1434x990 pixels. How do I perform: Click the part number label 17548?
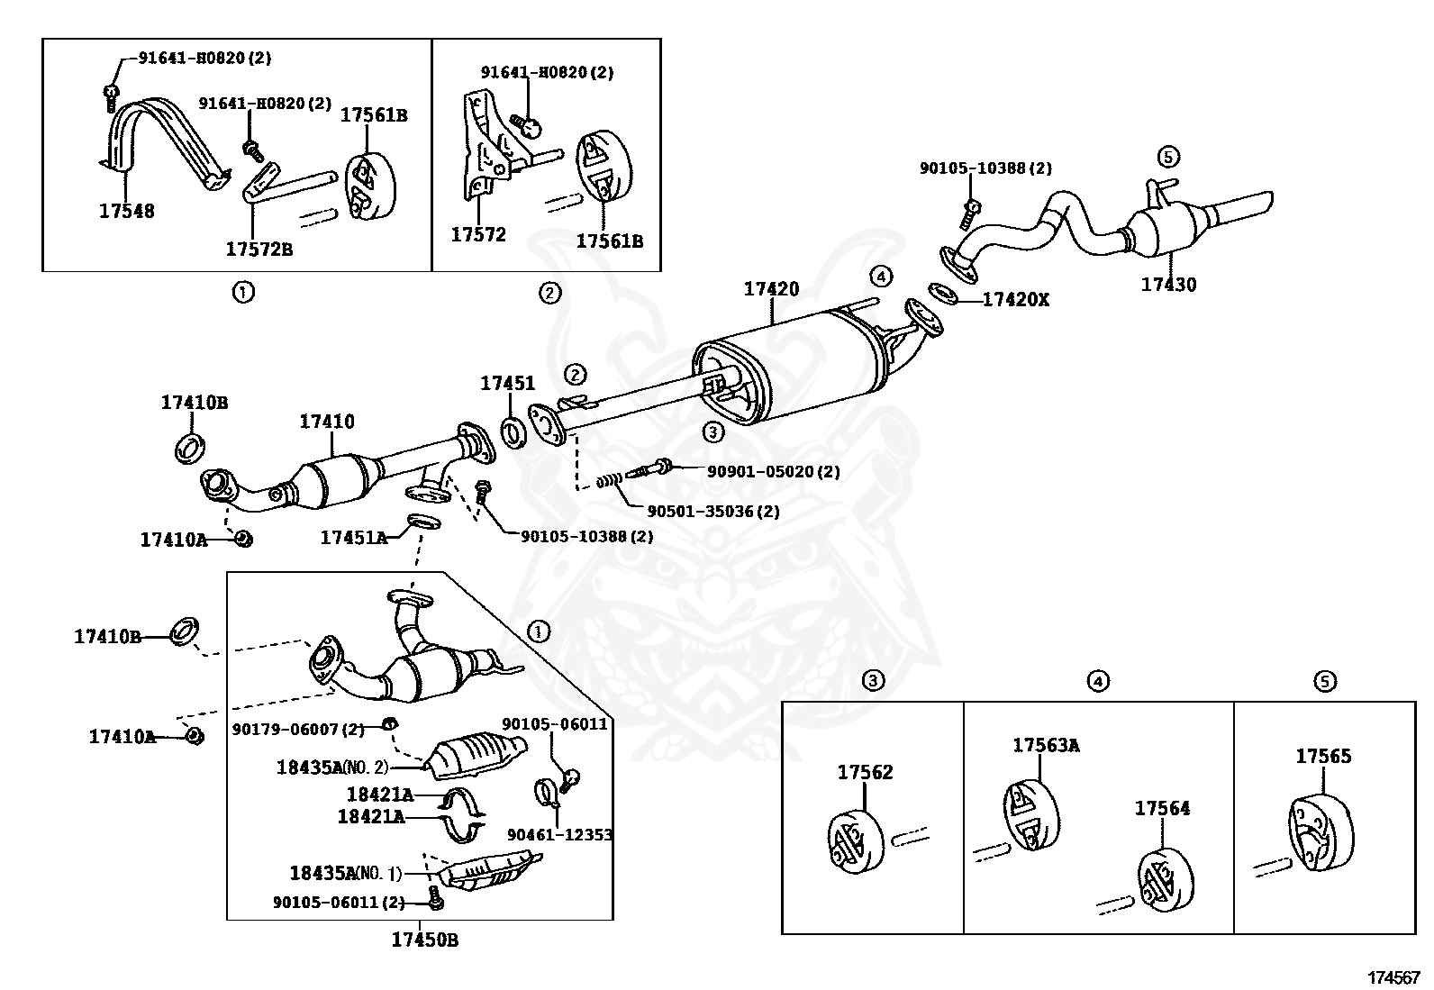click(126, 212)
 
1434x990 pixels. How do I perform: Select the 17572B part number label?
click(259, 250)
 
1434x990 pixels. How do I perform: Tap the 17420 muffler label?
click(771, 289)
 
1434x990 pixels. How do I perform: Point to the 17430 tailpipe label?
click(1168, 285)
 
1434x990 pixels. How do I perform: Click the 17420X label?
click(1015, 300)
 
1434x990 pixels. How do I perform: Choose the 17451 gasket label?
click(507, 384)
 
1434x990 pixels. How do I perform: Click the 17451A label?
click(353, 538)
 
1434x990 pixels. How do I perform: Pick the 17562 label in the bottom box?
click(865, 772)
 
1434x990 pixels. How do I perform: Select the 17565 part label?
click(1323, 757)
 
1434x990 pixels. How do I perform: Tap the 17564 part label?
click(1162, 808)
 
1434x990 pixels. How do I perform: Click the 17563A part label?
click(1046, 745)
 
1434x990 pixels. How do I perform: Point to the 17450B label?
click(424, 940)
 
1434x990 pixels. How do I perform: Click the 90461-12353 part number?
click(559, 835)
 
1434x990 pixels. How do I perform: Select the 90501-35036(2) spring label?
click(713, 512)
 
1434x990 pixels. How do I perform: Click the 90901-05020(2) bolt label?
click(773, 471)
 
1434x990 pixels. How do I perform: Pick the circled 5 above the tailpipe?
click(1167, 157)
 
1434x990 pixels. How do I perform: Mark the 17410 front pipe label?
click(327, 422)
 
